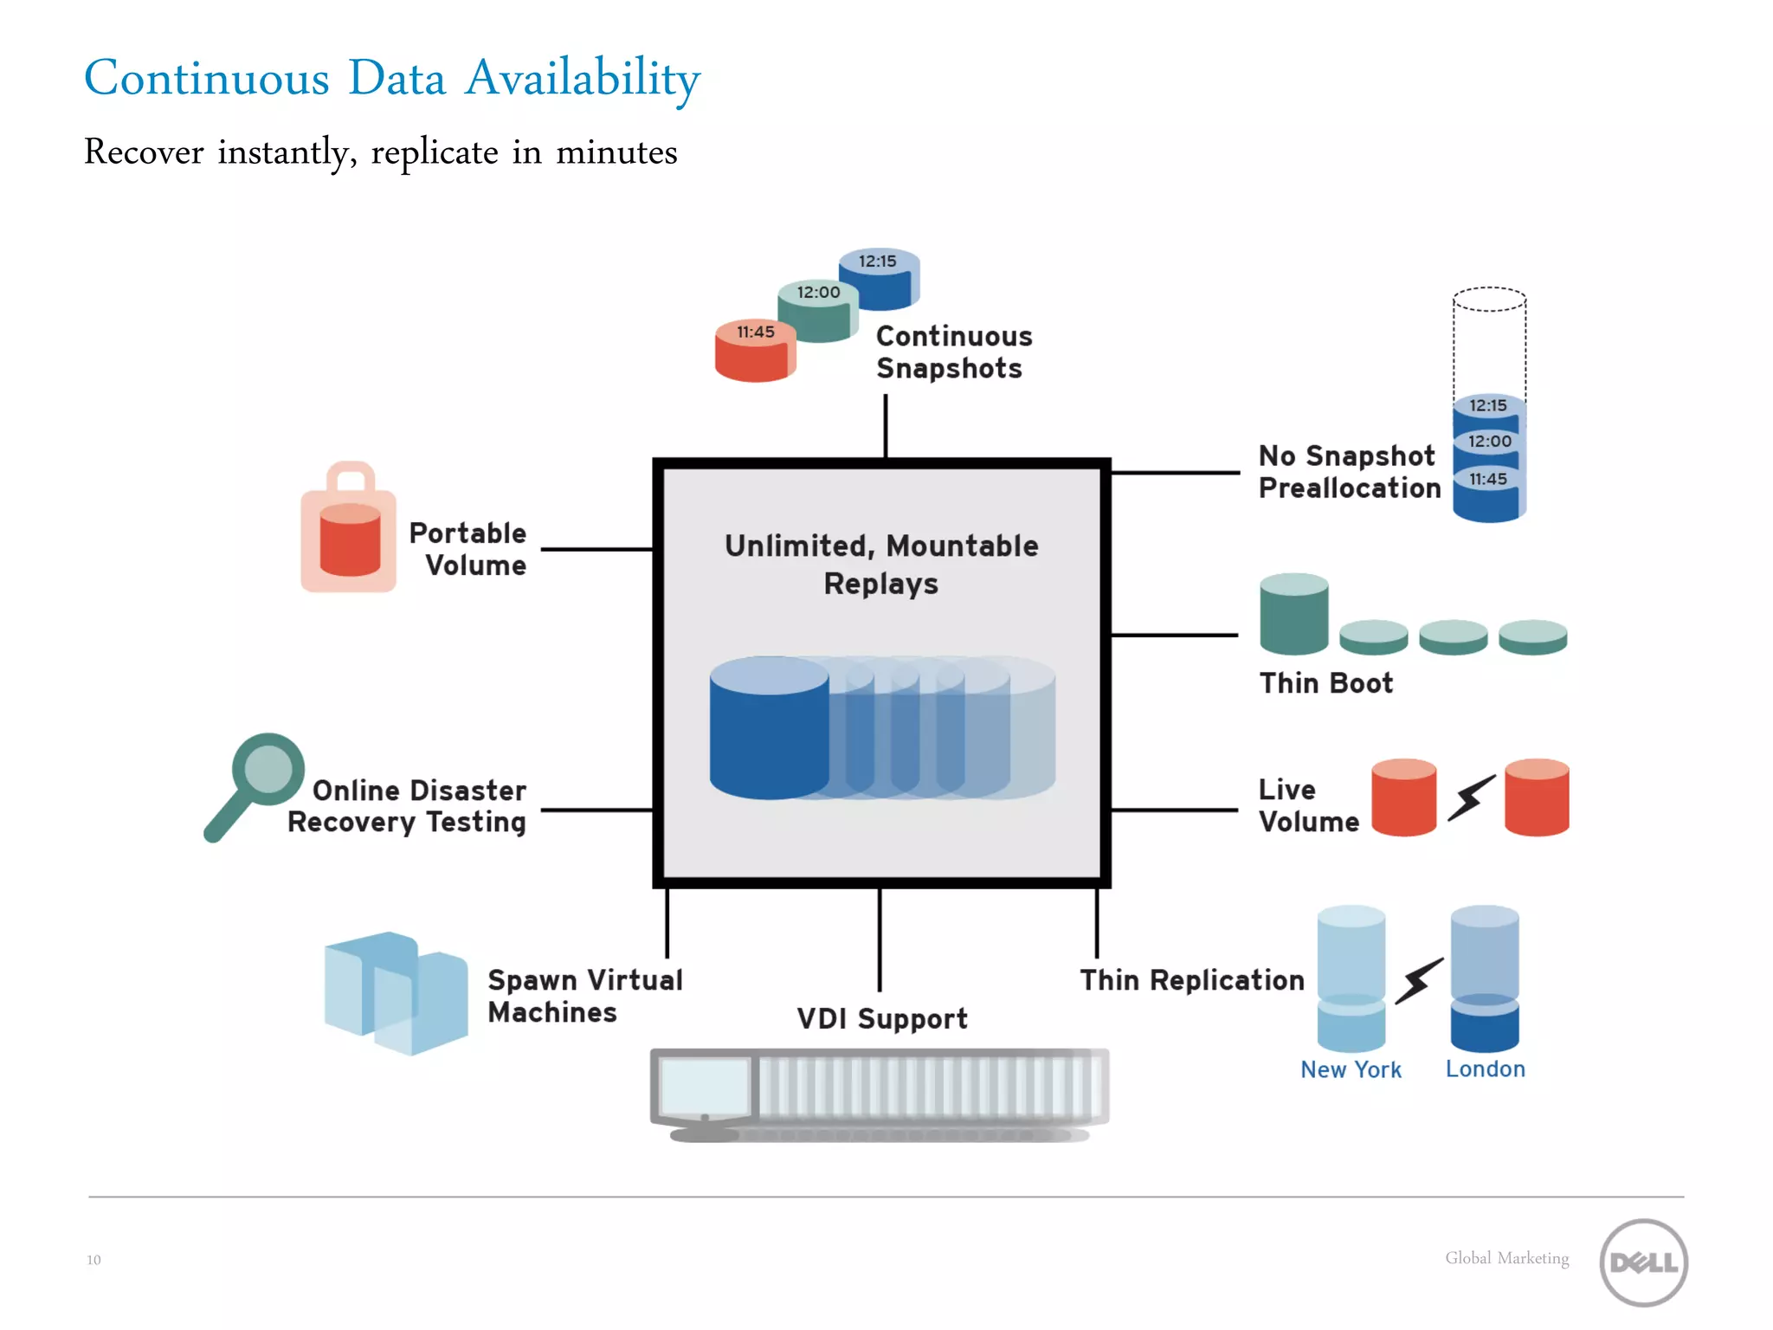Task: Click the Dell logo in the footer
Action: click(1643, 1262)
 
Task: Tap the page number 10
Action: click(93, 1260)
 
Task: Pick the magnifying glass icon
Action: click(255, 784)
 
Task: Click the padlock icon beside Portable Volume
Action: click(349, 529)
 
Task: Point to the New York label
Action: click(1351, 1069)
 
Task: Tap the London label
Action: click(1485, 1069)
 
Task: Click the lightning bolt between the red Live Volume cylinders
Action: click(1472, 797)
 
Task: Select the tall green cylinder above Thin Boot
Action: click(1293, 615)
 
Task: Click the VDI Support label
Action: click(881, 1018)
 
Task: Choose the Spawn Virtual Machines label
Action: click(584, 996)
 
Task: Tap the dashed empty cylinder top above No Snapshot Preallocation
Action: click(1489, 300)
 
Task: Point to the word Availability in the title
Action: click(582, 78)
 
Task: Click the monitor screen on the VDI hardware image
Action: click(704, 1086)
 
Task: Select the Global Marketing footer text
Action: click(1506, 1258)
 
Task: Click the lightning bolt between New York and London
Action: click(1418, 981)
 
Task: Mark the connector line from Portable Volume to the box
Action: click(596, 549)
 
